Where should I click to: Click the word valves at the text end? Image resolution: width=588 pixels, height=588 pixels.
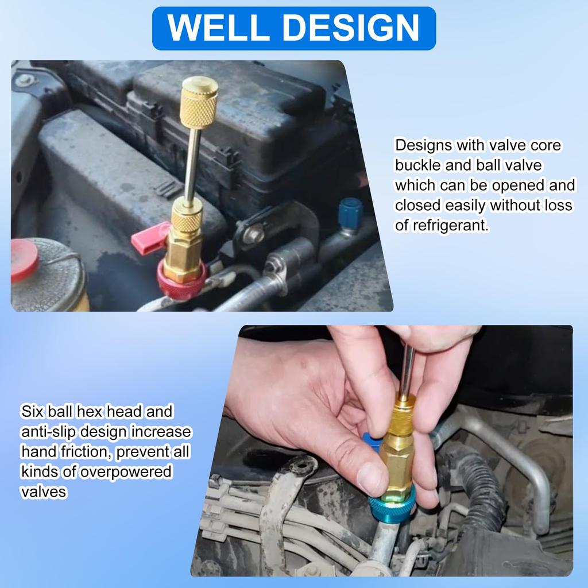point(44,492)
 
